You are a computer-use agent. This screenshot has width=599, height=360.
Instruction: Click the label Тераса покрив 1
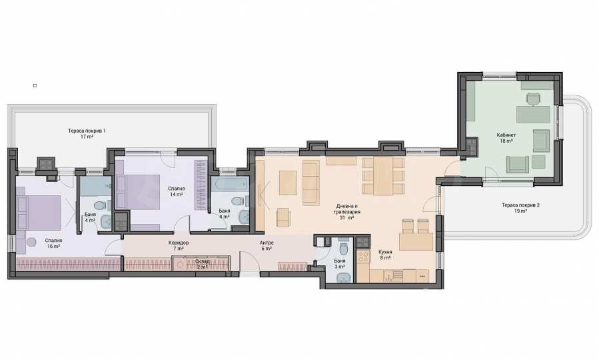click(87, 133)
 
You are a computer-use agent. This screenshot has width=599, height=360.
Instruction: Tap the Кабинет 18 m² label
click(506, 137)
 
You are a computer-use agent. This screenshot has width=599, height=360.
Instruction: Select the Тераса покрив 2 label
click(520, 208)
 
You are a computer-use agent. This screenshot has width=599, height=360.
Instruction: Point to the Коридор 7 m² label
click(179, 245)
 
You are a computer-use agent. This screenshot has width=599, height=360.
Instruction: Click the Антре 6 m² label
click(267, 245)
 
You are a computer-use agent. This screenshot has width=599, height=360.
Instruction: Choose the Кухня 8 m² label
click(384, 255)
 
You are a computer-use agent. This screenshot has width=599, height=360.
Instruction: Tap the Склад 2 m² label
click(202, 264)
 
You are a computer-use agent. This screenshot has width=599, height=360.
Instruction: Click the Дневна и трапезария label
click(346, 209)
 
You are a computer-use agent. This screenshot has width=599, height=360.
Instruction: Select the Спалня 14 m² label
click(176, 191)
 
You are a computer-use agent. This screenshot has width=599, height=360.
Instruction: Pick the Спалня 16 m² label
click(53, 243)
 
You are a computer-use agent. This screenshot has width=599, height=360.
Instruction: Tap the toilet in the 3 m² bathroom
click(343, 248)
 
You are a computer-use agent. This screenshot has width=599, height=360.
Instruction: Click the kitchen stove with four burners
click(363, 257)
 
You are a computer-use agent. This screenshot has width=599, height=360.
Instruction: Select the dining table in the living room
click(383, 176)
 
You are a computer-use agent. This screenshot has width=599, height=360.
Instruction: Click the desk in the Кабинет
click(533, 114)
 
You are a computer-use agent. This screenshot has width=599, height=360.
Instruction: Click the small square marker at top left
click(35, 85)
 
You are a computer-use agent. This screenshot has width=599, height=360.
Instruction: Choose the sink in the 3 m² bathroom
click(342, 278)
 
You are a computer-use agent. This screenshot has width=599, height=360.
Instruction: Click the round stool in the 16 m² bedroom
click(31, 242)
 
